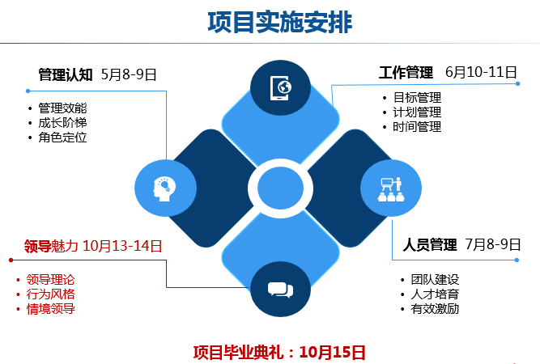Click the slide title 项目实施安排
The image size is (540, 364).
tap(279, 23)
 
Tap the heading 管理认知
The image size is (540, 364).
tap(66, 74)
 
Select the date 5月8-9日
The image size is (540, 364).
tap(129, 74)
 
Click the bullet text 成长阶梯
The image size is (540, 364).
tap(62, 123)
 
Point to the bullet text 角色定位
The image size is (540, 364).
tap(62, 138)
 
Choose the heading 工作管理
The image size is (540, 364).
tap(406, 72)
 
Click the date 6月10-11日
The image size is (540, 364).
tap(481, 72)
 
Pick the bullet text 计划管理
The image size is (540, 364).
tap(417, 112)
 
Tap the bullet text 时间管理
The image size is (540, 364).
tap(417, 127)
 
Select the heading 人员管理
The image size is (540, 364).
tap(430, 244)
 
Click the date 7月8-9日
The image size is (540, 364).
tap(493, 244)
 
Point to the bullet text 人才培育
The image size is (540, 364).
tap(435, 294)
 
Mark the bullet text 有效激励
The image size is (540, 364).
tap(435, 309)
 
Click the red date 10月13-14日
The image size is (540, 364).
tap(122, 246)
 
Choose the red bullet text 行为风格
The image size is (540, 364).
tap(51, 294)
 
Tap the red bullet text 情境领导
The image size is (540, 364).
tap(51, 309)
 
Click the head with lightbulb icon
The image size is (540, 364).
tap(164, 189)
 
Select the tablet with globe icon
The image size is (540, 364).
tap(281, 88)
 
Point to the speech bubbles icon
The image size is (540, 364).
tap(280, 290)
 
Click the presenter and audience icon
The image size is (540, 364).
tap(391, 189)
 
